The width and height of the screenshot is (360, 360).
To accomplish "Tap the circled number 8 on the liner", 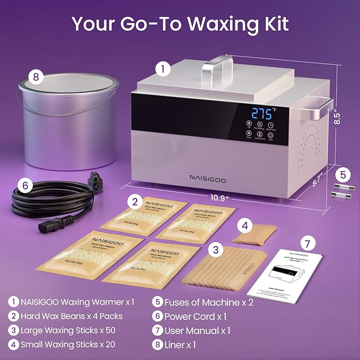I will tap(36, 77).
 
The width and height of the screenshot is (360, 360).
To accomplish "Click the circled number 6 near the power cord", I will tap(23, 185).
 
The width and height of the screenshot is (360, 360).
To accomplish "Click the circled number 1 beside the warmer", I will tap(164, 68).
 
